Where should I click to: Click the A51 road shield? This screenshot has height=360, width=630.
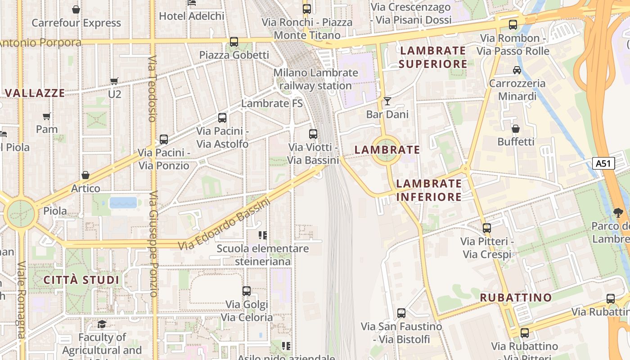603,163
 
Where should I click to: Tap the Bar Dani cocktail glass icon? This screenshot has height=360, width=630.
387,101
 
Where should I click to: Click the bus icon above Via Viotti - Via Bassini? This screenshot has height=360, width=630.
313,134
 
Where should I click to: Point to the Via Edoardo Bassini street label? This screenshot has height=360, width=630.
224,225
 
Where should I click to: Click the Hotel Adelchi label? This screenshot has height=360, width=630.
192,16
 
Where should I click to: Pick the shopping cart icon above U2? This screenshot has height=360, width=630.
114,81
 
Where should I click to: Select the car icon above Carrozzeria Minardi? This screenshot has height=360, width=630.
517,70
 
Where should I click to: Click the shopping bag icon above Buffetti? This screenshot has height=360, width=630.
516,129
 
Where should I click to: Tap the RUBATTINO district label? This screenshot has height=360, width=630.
516,297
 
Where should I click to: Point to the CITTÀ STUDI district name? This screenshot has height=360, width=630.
81,280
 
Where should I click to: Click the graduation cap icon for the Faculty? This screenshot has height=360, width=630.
102,324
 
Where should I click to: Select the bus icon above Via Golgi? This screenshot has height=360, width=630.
246,291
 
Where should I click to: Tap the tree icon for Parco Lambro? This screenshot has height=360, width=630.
618,212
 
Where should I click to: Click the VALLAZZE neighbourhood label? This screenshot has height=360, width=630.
35,93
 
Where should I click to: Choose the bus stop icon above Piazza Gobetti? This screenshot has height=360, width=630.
234,42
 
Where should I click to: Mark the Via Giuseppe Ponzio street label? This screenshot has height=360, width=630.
153,244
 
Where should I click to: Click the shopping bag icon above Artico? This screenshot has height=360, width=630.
85,175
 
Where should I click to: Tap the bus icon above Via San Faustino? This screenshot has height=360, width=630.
401,313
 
